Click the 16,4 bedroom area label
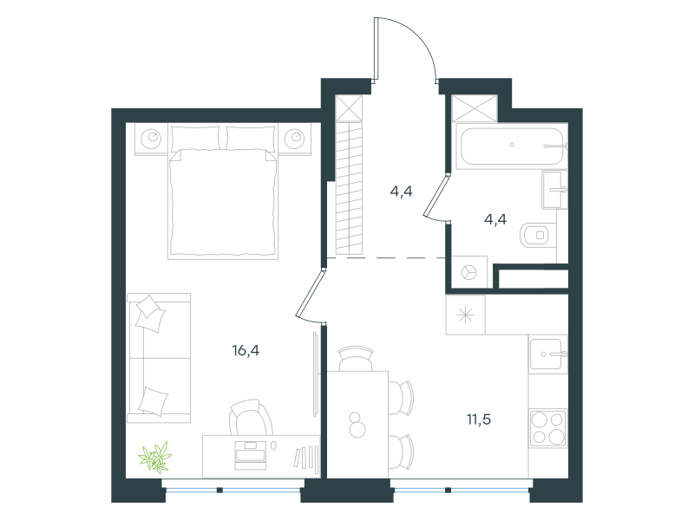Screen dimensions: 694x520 246,351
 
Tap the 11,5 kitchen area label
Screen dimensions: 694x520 479,419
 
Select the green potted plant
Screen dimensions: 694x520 155,457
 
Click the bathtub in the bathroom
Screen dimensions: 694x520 512,146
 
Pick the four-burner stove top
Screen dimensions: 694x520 548,428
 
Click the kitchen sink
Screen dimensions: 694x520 548,354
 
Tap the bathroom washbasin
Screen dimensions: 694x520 554,190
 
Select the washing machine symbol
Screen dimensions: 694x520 468,272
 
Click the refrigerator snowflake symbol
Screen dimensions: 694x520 465,315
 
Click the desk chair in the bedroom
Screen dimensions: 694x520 251,418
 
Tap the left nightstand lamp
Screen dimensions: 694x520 151,139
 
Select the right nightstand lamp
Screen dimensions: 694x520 294,139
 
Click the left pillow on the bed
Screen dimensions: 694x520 195,138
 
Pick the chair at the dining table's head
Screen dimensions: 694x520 356,359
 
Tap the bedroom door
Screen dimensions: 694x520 310,295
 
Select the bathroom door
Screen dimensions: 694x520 436,198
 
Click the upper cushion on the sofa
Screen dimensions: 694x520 150,313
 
